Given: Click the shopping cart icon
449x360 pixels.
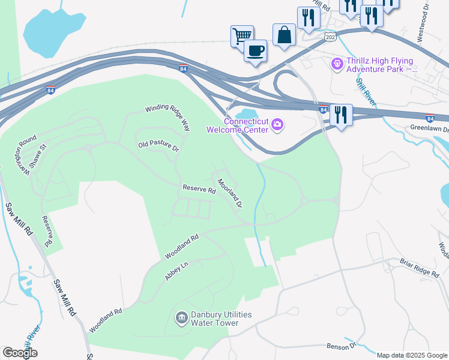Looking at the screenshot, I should point(242,35).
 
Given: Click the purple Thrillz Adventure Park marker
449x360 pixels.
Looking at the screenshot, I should point(337,62).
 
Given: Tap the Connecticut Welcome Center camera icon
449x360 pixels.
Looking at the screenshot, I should point(277,124).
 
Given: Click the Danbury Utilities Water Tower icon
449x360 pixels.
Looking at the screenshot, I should point(181,316).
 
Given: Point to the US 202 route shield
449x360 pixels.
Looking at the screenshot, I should point(330,37).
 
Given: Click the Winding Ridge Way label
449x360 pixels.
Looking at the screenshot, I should point(168,118).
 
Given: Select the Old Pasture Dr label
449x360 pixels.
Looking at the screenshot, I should point(158,146).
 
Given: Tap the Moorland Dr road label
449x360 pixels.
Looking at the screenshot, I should point(229,193).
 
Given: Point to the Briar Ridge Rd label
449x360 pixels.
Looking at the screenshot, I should point(420,268).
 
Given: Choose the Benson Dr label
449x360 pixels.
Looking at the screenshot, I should point(342,346).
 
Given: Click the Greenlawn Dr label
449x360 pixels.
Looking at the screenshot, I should point(430,128).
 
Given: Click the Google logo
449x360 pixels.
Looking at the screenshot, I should point(20,353).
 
